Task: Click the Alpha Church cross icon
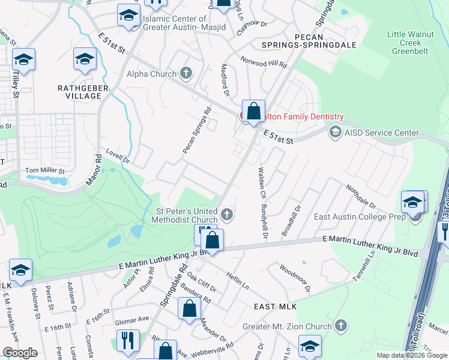tap(186, 74)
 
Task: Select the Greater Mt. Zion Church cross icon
tap(340, 326)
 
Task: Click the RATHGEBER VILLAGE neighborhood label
tap(79, 92)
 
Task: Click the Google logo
tap(20, 353)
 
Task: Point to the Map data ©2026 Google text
tap(411, 355)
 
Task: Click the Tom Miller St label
tap(44, 171)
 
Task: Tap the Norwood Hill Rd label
tap(264, 61)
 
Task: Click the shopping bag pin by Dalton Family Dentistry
tap(254, 112)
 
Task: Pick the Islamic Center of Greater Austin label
tap(175, 23)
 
